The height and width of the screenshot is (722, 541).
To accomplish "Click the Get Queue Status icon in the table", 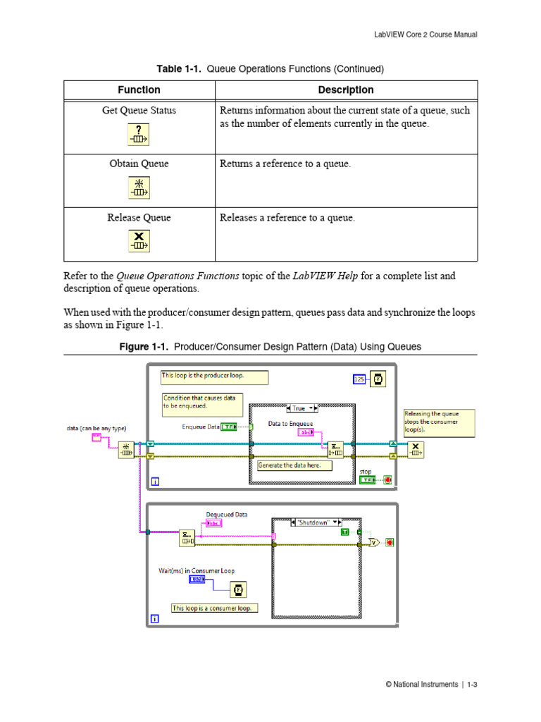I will (139, 134).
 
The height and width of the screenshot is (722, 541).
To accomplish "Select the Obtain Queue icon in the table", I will (139, 188).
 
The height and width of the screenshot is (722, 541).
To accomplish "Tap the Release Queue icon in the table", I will (139, 240).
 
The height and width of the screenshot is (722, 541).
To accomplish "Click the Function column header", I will (139, 90).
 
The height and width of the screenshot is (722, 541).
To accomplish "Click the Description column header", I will (345, 90).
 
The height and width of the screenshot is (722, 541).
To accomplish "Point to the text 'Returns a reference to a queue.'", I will (285, 164).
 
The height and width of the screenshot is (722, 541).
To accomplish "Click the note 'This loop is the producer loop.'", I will (214, 377).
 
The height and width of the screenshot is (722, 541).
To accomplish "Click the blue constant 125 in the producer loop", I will (359, 379).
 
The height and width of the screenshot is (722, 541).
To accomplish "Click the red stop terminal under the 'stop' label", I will (387, 480).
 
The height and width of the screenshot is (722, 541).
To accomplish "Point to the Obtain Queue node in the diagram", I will (126, 450).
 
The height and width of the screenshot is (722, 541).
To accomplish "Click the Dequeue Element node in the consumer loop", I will (187, 538).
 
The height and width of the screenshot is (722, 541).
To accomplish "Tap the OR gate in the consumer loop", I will (373, 543).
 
